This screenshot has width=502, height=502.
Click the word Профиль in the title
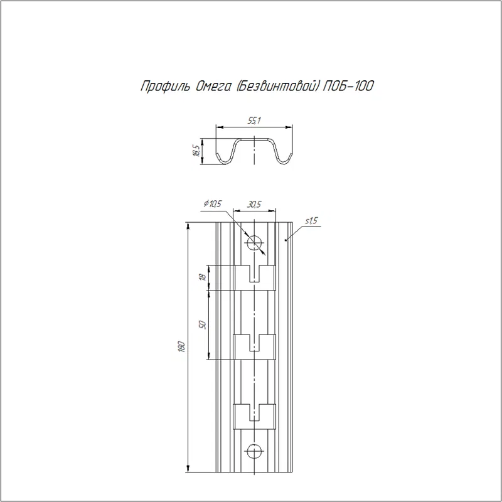click(x=165, y=87)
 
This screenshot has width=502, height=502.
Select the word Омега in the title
click(x=213, y=87)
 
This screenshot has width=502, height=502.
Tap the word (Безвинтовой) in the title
click(x=277, y=87)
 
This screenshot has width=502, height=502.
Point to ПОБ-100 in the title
click(x=348, y=86)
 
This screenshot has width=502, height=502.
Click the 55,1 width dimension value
click(x=254, y=120)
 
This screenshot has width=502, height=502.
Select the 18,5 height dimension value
click(x=196, y=150)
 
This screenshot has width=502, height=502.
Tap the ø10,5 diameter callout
click(x=213, y=203)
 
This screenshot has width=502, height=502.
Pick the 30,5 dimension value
click(x=254, y=205)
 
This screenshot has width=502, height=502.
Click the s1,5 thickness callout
click(x=311, y=221)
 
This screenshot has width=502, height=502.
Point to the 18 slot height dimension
click(x=201, y=277)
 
